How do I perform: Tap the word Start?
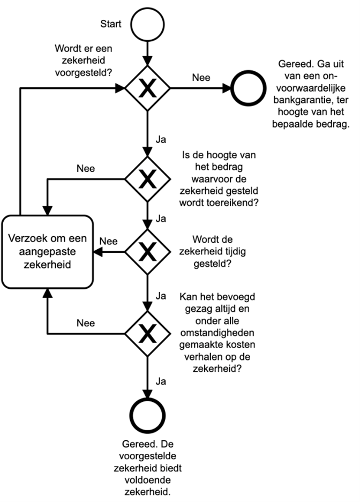(x=111, y=24)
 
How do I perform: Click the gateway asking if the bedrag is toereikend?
(x=146, y=178)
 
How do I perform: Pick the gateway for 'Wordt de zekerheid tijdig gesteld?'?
(x=146, y=250)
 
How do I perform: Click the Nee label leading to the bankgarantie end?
(x=200, y=78)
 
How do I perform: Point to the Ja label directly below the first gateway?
(x=160, y=137)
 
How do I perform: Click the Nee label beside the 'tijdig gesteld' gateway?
(x=109, y=241)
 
